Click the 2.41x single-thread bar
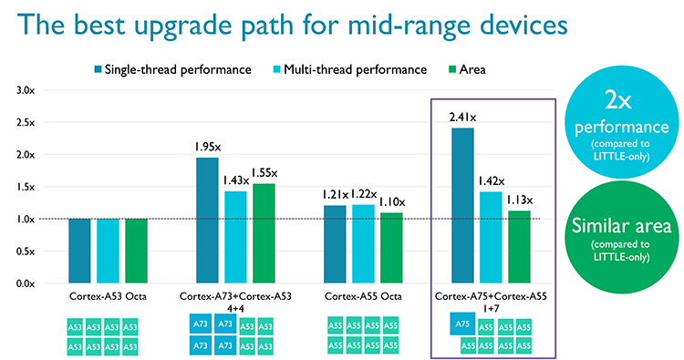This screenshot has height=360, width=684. pyautogui.click(x=462, y=205)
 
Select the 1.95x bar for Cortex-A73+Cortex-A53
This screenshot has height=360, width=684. pyautogui.click(x=207, y=220)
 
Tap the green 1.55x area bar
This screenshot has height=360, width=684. pyautogui.click(x=264, y=232)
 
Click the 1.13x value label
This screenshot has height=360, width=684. pyautogui.click(x=520, y=201)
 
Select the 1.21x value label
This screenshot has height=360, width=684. pyautogui.click(x=334, y=195)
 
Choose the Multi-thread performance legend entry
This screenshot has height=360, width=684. pyautogui.click(x=349, y=69)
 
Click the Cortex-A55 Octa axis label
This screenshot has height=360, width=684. pyautogui.click(x=363, y=297)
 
